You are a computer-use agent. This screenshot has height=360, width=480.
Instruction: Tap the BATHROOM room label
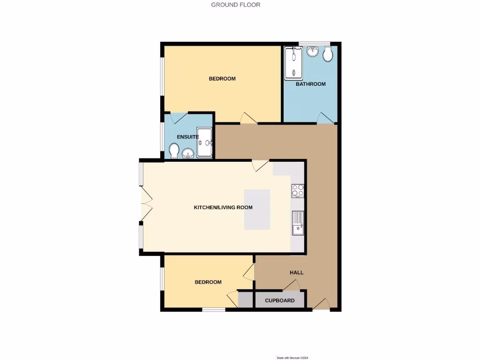point(310,84)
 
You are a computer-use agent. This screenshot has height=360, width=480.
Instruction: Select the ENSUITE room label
point(188,137)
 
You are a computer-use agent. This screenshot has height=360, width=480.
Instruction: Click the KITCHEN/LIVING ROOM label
point(223,207)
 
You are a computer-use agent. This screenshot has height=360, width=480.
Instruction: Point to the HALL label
point(296,272)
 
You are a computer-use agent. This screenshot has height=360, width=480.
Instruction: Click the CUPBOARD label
point(280,300)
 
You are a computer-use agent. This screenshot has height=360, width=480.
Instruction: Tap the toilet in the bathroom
point(328,55)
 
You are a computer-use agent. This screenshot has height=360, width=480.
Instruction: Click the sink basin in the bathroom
point(313,52)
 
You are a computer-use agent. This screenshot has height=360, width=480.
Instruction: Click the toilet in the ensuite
point(174,151)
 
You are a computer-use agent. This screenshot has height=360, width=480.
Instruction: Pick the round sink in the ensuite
point(188,153)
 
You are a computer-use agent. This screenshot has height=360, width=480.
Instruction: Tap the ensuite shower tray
point(205,142)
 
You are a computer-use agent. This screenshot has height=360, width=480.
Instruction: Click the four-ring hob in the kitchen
point(298,191)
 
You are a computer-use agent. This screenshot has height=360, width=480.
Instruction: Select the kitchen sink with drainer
point(298,223)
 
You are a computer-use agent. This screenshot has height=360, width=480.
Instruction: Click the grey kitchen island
point(257,210)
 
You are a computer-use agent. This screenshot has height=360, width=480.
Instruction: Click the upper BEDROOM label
point(222,79)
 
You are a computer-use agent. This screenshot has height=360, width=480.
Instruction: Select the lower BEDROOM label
point(208,282)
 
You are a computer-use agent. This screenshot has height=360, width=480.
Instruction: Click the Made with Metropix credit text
point(293,358)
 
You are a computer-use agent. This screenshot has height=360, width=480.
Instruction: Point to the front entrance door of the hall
point(321,305)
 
